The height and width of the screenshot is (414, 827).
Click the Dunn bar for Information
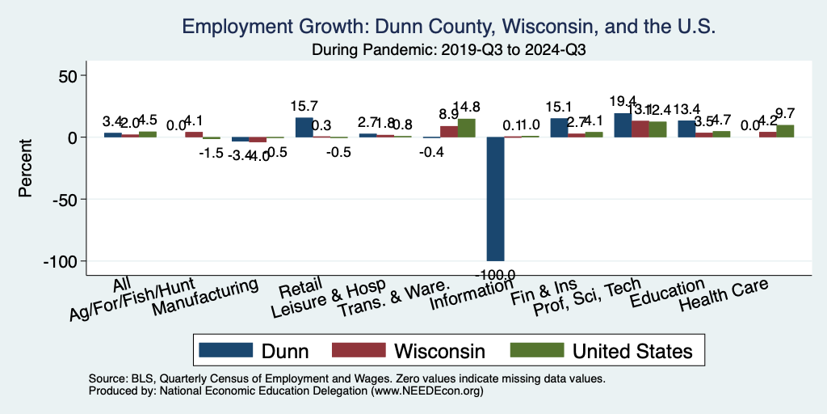pos(495,199)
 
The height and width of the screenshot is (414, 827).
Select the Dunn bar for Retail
pos(304,128)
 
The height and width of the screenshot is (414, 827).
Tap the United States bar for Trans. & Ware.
pos(467,129)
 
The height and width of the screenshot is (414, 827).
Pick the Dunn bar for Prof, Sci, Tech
pos(623,125)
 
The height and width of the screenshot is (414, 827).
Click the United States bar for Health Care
pos(785,131)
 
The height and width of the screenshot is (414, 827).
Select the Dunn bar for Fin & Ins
pos(559,128)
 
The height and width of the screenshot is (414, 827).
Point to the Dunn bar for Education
pos(686,129)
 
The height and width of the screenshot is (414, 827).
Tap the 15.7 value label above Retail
pos(304,106)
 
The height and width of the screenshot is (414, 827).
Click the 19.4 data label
pos(623,101)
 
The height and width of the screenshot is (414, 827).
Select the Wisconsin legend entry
pos(439,350)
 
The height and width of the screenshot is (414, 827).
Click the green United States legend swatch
pos(535,350)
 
